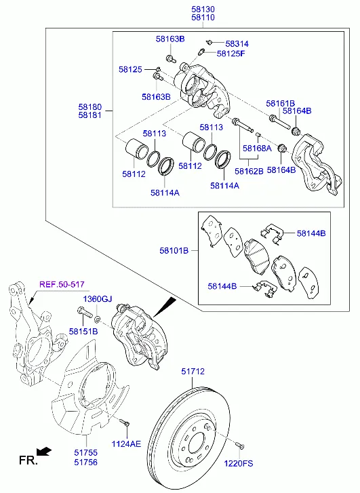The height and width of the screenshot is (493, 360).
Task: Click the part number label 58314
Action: pyautogui.click(x=237, y=43)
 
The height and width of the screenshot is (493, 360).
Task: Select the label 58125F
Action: pyautogui.click(x=231, y=54)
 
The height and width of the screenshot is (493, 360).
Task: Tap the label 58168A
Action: pyautogui.click(x=257, y=148)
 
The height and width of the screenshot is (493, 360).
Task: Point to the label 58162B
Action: pyautogui.click(x=249, y=171)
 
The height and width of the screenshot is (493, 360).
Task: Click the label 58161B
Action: pyautogui.click(x=280, y=104)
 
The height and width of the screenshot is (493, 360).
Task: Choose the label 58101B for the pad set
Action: pyautogui.click(x=174, y=251)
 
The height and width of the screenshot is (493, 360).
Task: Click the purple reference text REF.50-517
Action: pyautogui.click(x=62, y=285)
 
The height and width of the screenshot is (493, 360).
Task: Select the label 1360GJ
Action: pyautogui.click(x=98, y=299)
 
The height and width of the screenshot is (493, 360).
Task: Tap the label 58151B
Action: pyautogui.click(x=83, y=331)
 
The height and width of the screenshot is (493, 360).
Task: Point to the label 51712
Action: pyautogui.click(x=193, y=372)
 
